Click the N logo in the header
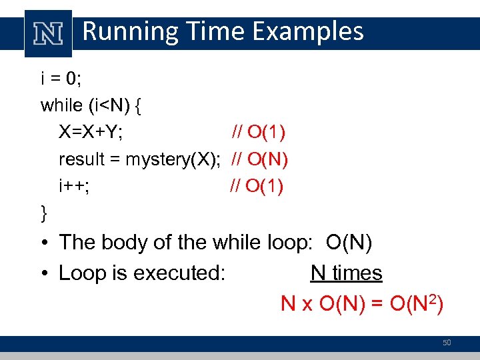tap(47, 33)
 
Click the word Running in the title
tap(125, 31)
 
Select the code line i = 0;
tap(61, 79)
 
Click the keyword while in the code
tap(63, 105)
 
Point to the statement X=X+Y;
tap(91, 132)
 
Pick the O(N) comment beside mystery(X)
tap(259, 159)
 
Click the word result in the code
tap(82, 159)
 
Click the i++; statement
tap(74, 186)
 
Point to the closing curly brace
tap(44, 213)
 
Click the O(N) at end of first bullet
tap(349, 242)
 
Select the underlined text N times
tap(346, 273)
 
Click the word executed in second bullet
tap(182, 273)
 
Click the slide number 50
tap(447, 343)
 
